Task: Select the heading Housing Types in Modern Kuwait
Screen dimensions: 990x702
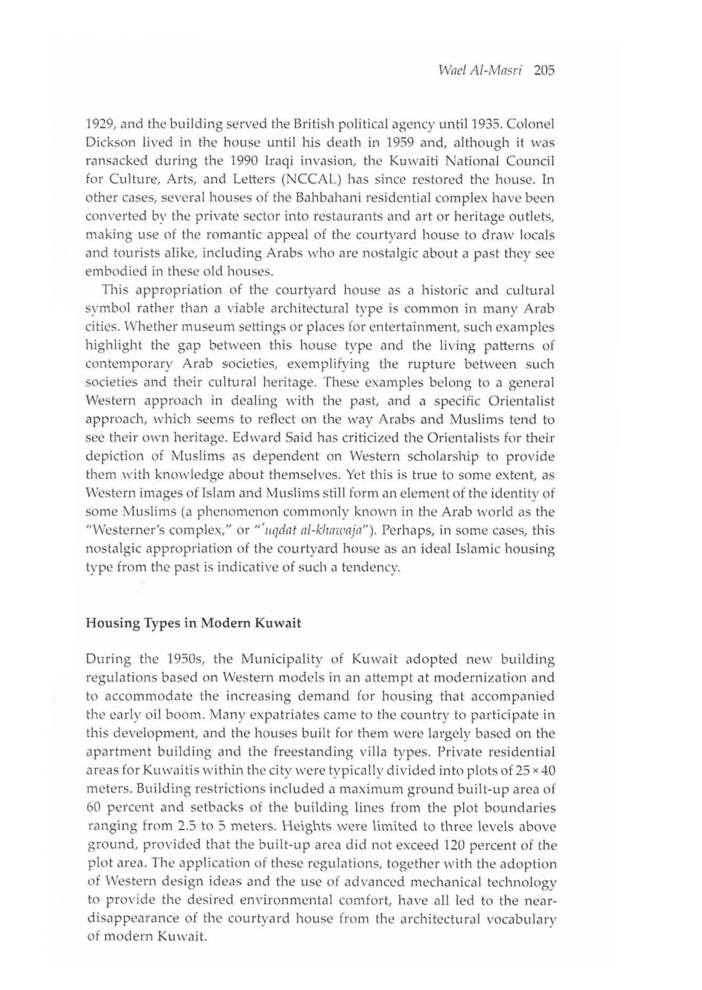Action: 193,623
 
